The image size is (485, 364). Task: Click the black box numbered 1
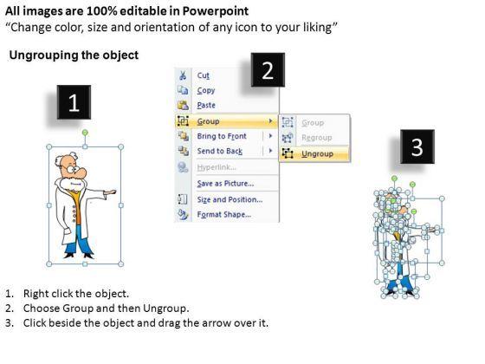coord(74,102)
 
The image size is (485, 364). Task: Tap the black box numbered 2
coord(268,70)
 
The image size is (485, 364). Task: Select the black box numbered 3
coord(417,146)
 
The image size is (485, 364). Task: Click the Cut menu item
coord(204,75)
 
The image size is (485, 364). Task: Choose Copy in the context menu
coord(206,90)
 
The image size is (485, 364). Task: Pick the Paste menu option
coord(206,105)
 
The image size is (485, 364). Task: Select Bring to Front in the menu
coord(222,136)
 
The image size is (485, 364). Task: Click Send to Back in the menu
coord(220,151)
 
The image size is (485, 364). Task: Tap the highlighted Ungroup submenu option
coord(317,154)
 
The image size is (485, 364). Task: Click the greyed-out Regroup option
coord(317,138)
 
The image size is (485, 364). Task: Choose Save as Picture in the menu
coord(225,184)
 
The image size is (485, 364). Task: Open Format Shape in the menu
coord(224,214)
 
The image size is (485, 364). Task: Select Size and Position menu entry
coord(230,199)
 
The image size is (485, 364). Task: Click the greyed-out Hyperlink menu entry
coord(217,167)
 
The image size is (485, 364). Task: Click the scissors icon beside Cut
coord(183,75)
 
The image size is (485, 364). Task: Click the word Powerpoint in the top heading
coord(216,11)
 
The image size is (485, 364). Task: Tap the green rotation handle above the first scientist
coord(85,133)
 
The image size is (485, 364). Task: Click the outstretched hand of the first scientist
coord(110,192)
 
